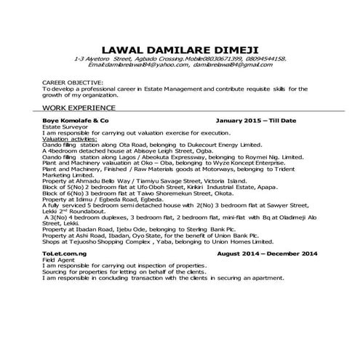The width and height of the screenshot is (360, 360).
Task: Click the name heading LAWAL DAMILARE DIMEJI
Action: (x=180, y=46)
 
